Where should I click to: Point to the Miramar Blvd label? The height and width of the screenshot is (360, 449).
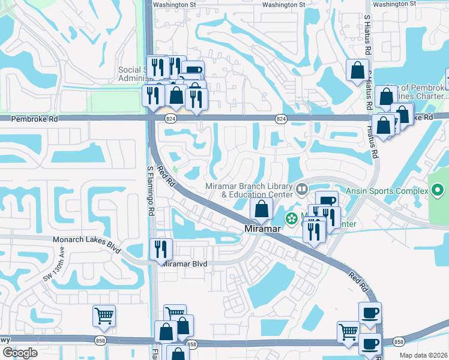185,264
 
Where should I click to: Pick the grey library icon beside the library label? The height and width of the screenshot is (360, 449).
301,190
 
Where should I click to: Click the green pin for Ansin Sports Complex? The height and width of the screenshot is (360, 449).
438,191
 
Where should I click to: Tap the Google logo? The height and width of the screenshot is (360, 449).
20,352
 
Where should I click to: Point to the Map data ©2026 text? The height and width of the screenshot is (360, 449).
423,355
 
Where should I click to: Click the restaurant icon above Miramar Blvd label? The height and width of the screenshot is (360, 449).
160,249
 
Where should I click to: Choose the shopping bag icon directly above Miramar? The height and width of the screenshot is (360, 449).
261,209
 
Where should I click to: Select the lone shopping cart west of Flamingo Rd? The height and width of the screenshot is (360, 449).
104,316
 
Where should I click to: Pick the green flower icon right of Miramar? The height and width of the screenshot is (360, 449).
292,218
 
